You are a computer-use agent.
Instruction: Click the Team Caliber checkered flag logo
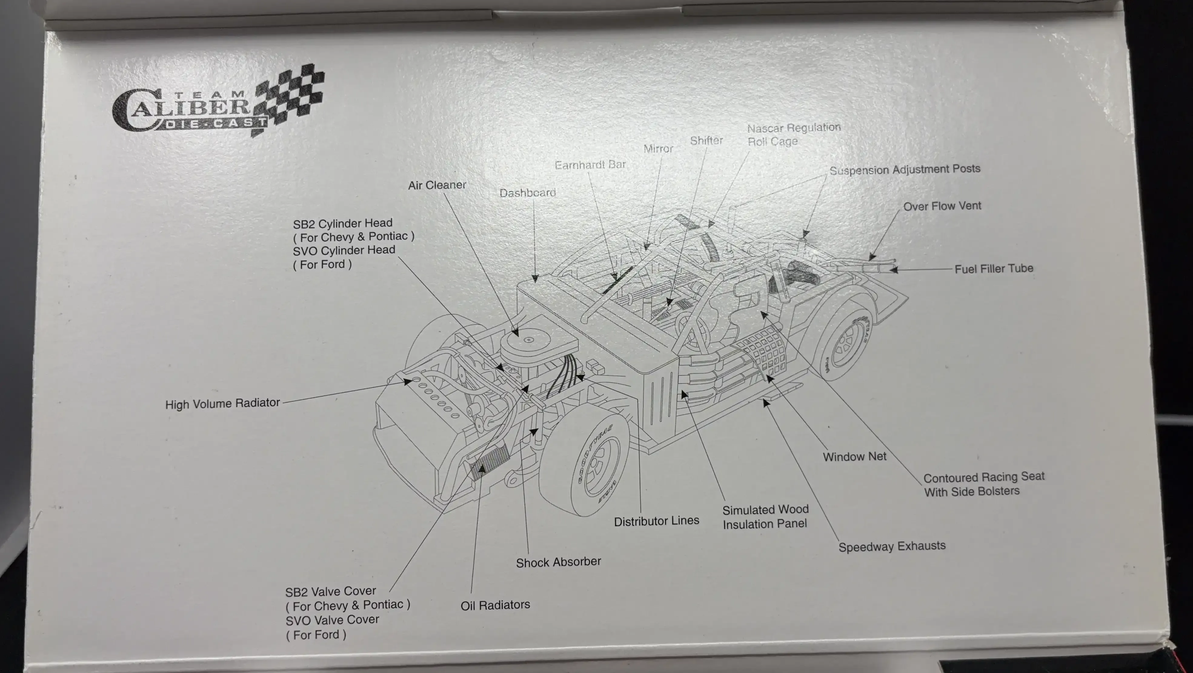pos(218,102)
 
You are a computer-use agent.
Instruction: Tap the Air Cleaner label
pos(437,185)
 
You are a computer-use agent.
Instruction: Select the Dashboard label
pos(527,193)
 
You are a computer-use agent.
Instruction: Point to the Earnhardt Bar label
pos(590,165)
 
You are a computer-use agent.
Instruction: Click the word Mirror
pos(658,149)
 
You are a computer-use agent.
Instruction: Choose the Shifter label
pos(706,140)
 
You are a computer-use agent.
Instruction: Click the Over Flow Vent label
pos(942,206)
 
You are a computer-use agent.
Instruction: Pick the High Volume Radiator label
pos(222,403)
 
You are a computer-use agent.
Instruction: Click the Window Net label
pos(855,457)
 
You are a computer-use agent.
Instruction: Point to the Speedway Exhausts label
pos(892,547)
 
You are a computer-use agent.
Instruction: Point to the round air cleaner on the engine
pos(528,340)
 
